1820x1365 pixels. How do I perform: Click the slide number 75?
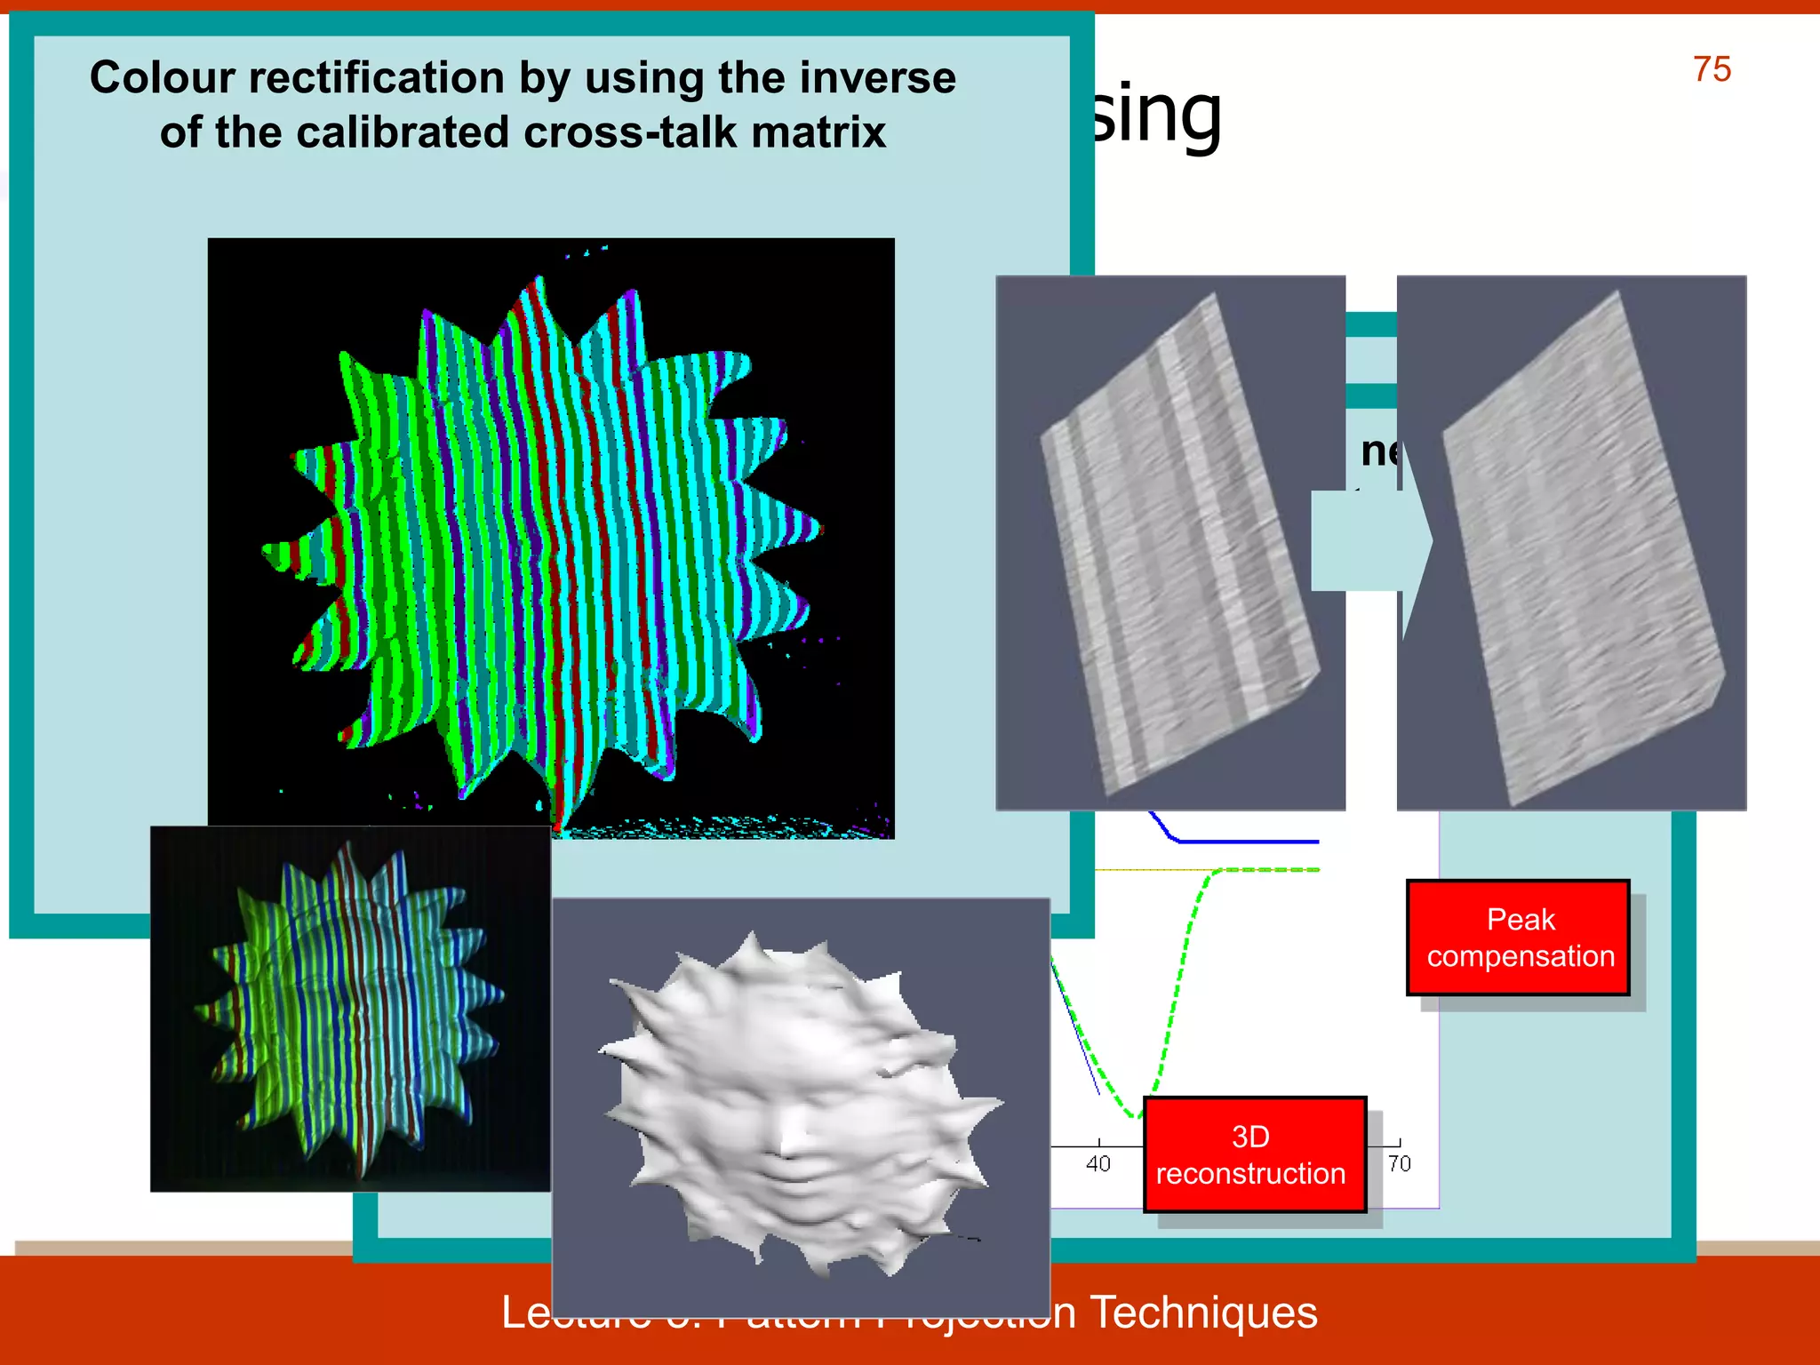click(1711, 69)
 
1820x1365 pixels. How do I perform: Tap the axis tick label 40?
click(1098, 1163)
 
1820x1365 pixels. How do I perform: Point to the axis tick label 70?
click(1399, 1163)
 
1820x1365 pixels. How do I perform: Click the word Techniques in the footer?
click(1203, 1313)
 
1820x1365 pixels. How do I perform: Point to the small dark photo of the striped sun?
click(350, 1009)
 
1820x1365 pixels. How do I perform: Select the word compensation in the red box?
click(1521, 956)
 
